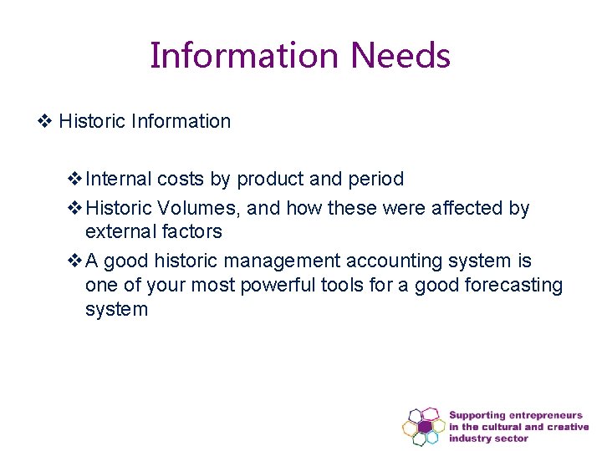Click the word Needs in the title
tap(400, 56)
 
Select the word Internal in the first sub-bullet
tap(119, 179)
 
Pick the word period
tap(374, 180)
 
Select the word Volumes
tap(200, 208)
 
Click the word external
tap(120, 231)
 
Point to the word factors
tap(191, 231)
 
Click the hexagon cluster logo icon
tap(424, 425)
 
